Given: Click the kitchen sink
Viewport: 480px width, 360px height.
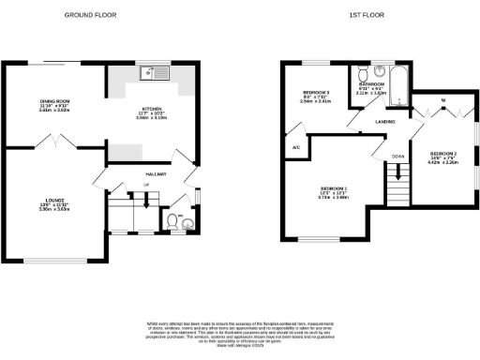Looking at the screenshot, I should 150,73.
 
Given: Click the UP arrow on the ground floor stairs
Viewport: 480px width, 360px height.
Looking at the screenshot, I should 145,197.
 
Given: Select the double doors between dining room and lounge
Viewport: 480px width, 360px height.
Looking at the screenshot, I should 58,142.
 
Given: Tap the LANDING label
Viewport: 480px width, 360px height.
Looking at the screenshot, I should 382,122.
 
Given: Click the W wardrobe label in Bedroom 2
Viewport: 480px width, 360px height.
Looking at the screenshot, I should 442,101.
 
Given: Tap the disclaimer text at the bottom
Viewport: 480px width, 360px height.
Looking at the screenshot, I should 239,333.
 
